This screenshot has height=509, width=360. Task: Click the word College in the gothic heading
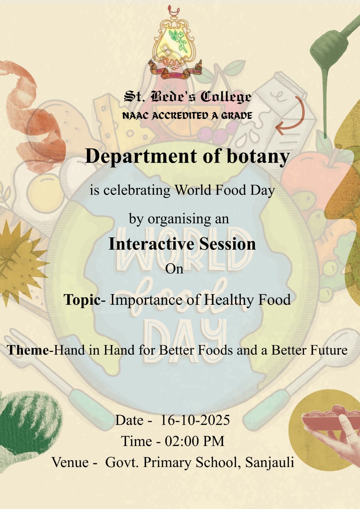pos(226,97)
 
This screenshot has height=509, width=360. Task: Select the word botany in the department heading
pos(258,157)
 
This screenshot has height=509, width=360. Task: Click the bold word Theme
pos(28,350)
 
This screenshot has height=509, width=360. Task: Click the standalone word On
pos(174,269)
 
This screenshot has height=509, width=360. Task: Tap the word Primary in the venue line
pos(167,463)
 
